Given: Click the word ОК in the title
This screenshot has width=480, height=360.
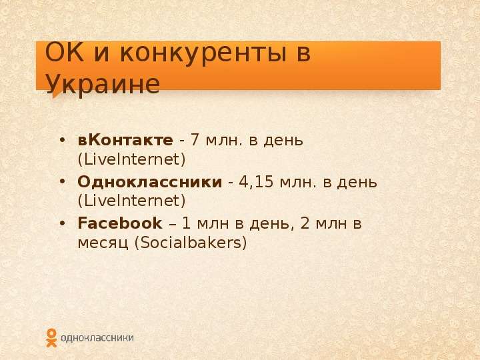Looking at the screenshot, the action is (64, 53).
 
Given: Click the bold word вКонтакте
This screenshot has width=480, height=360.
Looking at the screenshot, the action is (125, 140).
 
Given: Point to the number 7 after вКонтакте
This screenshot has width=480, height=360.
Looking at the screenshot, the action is (195, 140).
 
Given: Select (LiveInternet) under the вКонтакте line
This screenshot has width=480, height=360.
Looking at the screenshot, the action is (131, 159).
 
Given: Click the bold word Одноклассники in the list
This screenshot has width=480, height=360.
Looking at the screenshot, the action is (150, 182).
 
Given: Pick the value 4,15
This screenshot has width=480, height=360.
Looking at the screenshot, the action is (255, 182).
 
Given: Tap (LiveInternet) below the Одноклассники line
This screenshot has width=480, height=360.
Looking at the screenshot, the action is (131, 201).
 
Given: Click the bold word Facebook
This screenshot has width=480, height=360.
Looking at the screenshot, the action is (120, 223).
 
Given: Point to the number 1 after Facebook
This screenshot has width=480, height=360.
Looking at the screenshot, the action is (187, 223).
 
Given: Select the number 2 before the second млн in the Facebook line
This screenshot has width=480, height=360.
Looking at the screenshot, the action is (305, 223).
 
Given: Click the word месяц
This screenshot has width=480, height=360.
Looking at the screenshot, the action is (103, 243).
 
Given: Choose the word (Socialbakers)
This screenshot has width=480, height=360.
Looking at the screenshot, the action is (191, 243).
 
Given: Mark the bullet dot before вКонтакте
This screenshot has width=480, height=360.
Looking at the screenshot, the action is (62, 140).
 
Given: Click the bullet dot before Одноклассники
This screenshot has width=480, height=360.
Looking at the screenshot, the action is (62, 182).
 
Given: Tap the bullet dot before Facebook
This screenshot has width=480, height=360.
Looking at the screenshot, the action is (62, 223).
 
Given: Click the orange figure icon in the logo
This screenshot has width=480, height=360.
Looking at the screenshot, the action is (51, 338).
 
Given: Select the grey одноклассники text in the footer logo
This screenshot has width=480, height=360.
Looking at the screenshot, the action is (97, 338).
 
